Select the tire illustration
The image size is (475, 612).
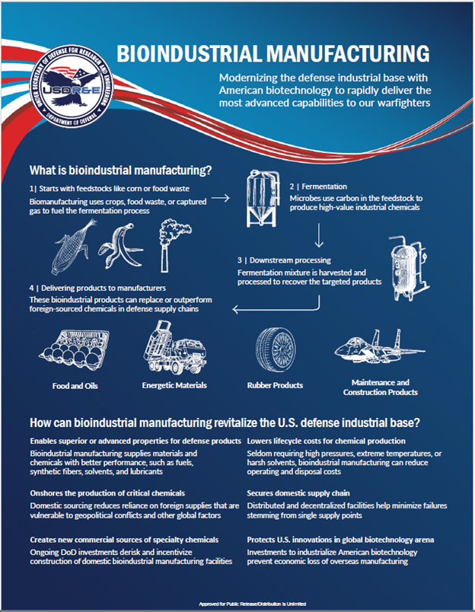pos(276,349)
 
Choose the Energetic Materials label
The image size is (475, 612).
pos(174,385)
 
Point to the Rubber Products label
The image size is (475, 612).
pos(276,385)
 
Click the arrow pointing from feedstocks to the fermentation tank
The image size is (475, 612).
pos(221,198)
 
